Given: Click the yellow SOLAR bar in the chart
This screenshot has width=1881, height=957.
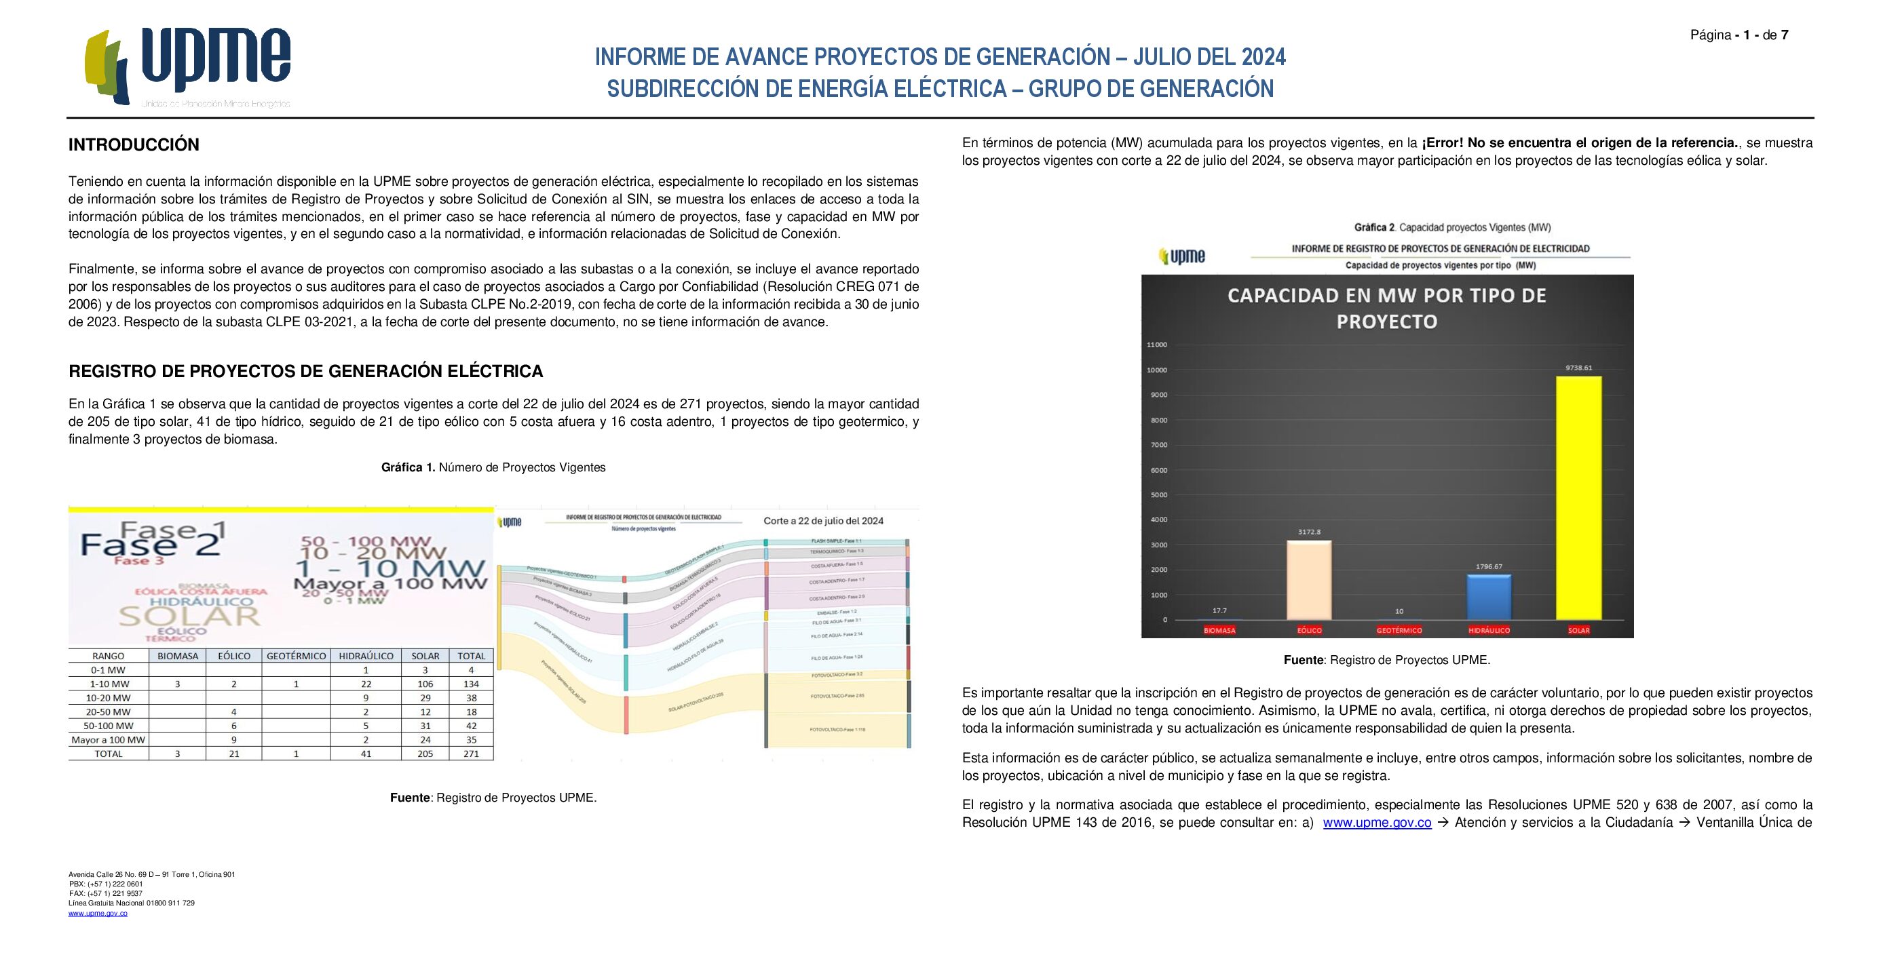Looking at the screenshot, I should [1578, 498].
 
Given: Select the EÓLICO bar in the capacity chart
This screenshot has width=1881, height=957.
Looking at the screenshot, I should [1308, 580].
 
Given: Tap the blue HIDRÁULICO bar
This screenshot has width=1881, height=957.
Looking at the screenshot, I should [1488, 597].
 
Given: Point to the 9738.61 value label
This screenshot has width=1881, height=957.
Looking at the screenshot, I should [1578, 368].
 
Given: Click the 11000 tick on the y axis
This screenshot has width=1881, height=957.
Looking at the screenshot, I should [1157, 345].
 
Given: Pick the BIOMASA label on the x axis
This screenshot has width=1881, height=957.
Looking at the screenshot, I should [1219, 630].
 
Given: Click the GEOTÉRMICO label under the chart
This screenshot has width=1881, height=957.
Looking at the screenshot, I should [1399, 630].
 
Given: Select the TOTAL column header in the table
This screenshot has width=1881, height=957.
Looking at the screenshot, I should [471, 655].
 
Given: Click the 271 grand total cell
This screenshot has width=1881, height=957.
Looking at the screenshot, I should [471, 754].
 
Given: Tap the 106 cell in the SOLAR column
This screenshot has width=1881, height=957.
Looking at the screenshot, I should [425, 684].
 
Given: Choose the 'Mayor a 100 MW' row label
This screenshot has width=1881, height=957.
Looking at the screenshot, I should [108, 739].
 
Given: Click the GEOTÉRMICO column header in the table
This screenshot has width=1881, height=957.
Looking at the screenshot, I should [296, 655].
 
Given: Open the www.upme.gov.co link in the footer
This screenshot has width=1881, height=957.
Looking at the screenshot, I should [98, 913].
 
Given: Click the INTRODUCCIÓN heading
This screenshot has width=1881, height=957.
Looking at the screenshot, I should [134, 144].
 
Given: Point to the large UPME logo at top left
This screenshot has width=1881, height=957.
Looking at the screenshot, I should [189, 67].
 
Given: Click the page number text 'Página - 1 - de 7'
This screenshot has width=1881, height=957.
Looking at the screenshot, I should [1738, 35].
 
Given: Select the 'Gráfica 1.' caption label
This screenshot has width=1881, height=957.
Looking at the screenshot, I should [407, 467].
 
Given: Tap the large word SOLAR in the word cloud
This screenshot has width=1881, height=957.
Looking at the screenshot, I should [189, 615].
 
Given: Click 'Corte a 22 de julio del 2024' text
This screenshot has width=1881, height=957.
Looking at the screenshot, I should [823, 520].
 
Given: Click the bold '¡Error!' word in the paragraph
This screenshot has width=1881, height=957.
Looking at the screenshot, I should [1442, 143].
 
